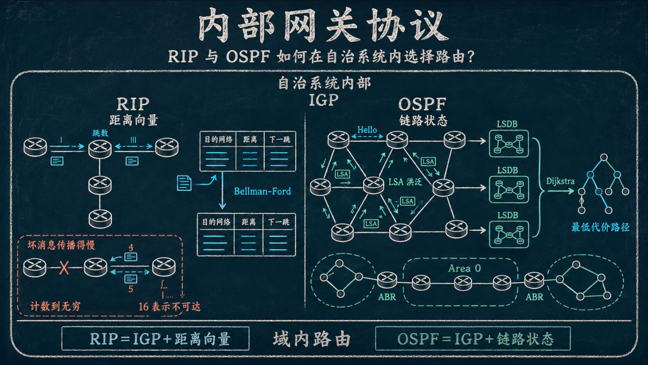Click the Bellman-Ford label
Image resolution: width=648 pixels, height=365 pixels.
262,191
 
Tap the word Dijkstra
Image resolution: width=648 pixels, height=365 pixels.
560,181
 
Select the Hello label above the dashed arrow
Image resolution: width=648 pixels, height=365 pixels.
367,130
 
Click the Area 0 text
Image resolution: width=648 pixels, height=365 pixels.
465,268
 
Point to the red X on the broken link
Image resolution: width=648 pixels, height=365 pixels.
64,268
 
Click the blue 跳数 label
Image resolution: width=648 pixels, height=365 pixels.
100,133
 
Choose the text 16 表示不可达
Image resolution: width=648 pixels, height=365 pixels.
170,306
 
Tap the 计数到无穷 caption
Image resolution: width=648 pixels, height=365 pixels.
56,306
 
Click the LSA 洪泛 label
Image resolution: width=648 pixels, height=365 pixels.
405,182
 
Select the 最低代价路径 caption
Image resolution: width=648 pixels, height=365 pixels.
601,227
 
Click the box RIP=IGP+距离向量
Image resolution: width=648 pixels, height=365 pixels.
155,338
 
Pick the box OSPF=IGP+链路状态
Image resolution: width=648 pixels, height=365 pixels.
473,338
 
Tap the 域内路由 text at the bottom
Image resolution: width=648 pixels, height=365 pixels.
312,339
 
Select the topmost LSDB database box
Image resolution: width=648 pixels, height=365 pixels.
509,144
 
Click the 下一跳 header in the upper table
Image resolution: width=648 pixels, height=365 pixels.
280,139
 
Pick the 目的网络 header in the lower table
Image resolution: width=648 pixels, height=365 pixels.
216,222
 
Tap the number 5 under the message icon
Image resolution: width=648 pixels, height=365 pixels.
131,289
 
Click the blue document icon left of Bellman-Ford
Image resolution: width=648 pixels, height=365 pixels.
184,183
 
